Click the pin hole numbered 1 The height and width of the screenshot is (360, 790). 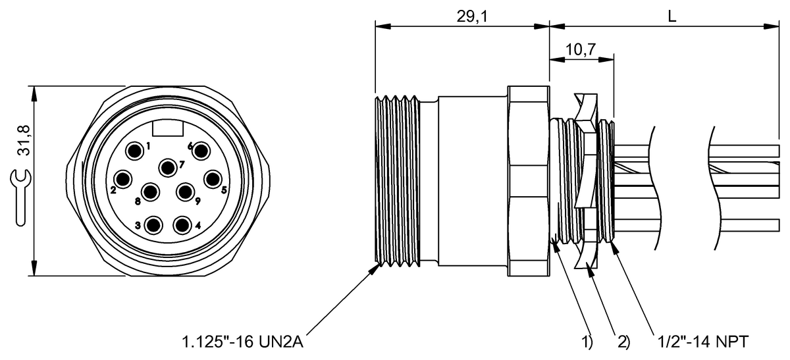click(135, 152)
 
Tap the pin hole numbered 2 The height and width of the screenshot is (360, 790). click(123, 178)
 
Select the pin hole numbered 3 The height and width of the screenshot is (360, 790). click(154, 226)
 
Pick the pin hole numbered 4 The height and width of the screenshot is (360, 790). click(182, 226)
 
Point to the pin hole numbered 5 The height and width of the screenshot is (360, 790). click(212, 178)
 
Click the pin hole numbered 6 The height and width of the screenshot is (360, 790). click(200, 152)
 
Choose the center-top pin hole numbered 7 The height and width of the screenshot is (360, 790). click(169, 167)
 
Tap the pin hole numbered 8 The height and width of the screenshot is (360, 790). click(151, 193)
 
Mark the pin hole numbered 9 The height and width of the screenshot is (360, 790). click(184, 193)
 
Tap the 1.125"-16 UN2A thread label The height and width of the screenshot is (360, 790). click(242, 342)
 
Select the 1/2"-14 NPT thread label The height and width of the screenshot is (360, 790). click(702, 342)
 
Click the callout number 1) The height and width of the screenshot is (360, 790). click(587, 342)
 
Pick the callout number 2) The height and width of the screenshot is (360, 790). click(623, 342)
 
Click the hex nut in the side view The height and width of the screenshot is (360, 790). click(528, 181)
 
